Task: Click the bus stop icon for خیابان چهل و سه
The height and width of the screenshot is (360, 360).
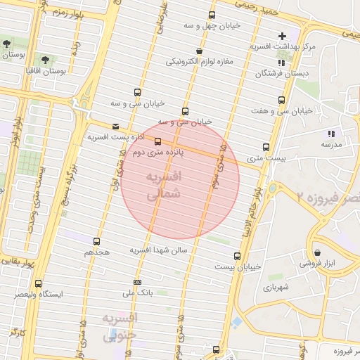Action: click(x=212, y=15)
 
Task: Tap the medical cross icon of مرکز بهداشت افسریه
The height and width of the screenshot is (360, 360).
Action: click(x=282, y=36)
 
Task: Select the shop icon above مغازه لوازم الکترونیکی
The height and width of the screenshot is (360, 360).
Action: click(x=200, y=51)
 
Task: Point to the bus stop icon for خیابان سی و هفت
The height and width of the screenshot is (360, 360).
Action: click(x=281, y=101)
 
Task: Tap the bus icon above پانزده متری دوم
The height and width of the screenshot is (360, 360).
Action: click(x=157, y=141)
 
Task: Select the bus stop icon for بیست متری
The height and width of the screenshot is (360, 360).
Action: click(x=266, y=147)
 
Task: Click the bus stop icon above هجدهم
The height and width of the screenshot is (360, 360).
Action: click(x=98, y=240)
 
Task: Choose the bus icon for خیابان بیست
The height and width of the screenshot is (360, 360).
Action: click(x=237, y=257)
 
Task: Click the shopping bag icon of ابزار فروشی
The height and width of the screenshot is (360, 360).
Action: click(x=318, y=253)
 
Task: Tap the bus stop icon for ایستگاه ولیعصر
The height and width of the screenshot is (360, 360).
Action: click(x=38, y=283)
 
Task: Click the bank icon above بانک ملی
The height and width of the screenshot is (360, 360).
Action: click(x=137, y=281)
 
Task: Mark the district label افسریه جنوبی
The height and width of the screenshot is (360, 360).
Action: click(x=120, y=328)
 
